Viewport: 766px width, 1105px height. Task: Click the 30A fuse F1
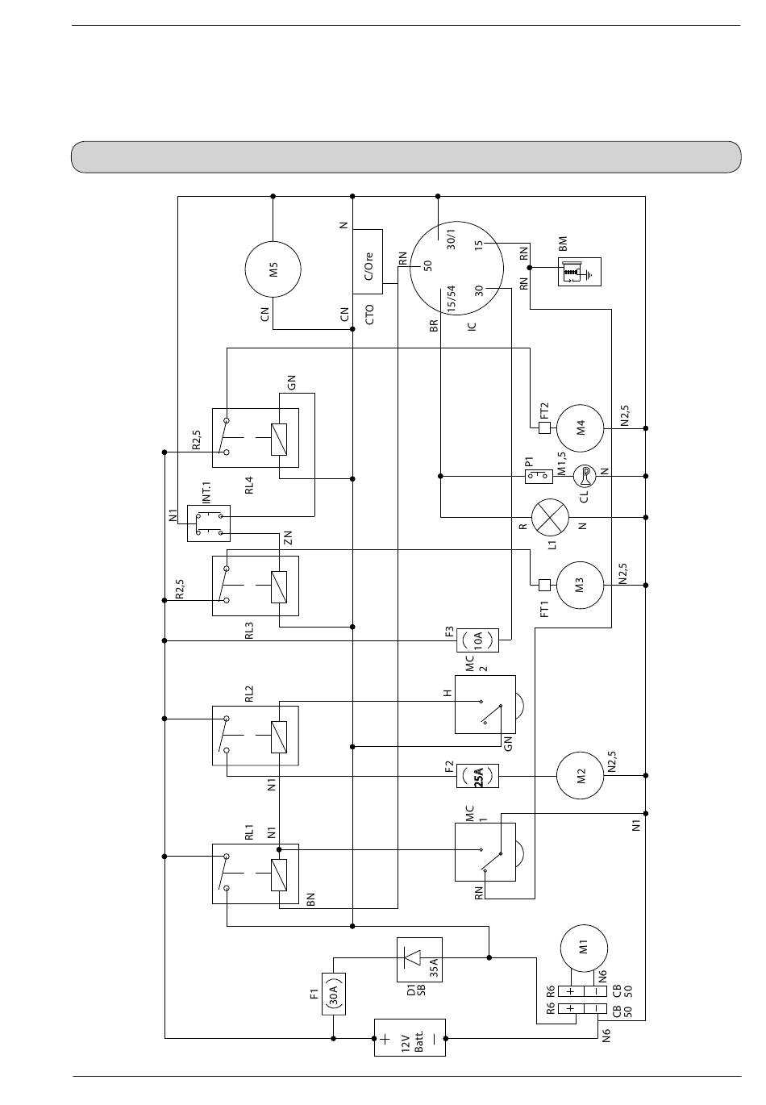(x=334, y=994)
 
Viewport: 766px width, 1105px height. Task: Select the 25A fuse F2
(x=477, y=776)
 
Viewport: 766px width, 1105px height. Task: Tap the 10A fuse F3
(x=477, y=640)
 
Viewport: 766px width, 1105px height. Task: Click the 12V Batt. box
(x=410, y=1038)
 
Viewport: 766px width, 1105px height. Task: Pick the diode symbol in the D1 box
(x=412, y=958)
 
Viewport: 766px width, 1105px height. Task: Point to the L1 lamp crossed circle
(x=549, y=517)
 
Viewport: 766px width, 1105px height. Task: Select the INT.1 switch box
(x=209, y=523)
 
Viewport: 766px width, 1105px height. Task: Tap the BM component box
(x=580, y=272)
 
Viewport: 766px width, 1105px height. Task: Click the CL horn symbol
(x=585, y=477)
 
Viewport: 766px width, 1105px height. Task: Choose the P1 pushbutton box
(x=539, y=477)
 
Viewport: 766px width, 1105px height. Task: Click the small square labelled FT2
(x=544, y=427)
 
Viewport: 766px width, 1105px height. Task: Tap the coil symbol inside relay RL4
(x=279, y=439)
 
